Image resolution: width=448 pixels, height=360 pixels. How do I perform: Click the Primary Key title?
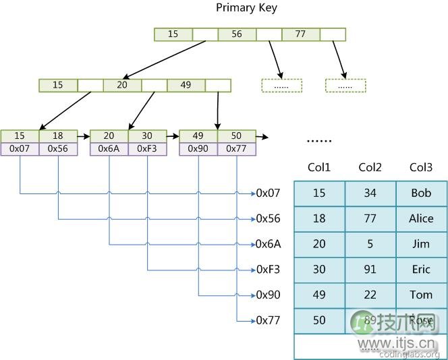point(246,8)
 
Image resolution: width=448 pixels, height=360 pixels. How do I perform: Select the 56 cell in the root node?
point(237,34)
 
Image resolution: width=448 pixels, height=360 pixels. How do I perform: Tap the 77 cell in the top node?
point(300,34)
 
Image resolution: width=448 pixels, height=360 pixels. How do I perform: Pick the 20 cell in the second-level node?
point(121,85)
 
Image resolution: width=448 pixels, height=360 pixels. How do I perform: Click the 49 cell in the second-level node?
point(186,85)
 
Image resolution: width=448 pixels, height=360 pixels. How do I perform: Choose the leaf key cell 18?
point(58,136)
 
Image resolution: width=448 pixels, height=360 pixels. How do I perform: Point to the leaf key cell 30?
point(147,136)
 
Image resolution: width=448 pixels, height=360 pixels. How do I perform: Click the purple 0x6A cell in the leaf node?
point(109,148)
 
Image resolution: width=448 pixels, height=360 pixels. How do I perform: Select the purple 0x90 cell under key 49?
point(198,148)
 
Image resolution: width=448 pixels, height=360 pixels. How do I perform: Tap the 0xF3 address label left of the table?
point(268,269)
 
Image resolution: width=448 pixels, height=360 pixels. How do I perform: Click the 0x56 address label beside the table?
point(268,218)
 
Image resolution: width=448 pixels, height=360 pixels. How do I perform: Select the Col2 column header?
point(370,168)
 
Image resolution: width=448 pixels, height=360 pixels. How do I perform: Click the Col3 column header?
point(421,168)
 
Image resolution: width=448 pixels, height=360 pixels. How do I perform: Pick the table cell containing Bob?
point(421,193)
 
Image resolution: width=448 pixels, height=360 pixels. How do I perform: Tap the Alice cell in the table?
point(421,218)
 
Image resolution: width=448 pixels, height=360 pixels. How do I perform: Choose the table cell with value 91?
point(370,269)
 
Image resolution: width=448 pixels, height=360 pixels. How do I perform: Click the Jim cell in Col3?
point(421,244)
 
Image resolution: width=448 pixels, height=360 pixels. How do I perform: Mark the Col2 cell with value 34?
point(370,193)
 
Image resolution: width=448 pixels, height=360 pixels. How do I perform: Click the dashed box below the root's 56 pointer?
point(281,86)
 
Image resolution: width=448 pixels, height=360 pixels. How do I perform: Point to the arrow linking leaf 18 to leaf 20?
point(84,136)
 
